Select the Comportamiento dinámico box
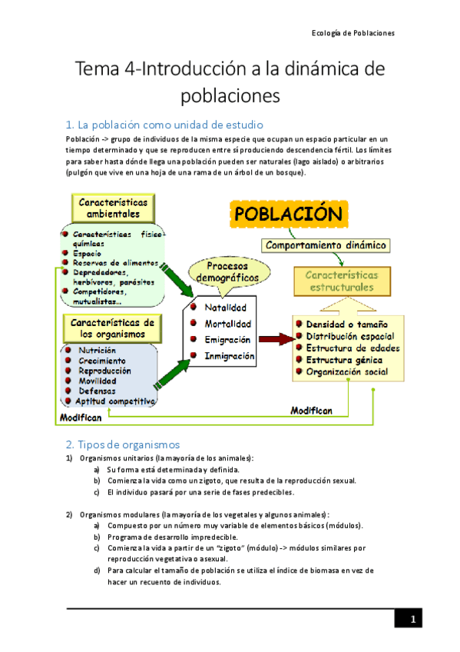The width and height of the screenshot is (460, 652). [326, 245]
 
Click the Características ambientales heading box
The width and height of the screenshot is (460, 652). [114, 207]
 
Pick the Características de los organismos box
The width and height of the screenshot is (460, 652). [113, 328]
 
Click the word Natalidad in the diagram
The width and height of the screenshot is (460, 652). [225, 308]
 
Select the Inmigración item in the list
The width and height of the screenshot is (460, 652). [229, 356]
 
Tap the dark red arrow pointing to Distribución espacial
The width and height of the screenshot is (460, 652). [276, 338]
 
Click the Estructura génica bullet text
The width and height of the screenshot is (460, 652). [346, 360]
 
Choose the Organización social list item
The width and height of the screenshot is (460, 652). [346, 371]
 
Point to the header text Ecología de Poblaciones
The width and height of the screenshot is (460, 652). [352, 33]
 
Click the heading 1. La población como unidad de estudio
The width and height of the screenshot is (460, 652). [164, 125]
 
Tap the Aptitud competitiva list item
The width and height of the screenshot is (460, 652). [115, 401]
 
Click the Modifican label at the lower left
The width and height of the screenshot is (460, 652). [81, 417]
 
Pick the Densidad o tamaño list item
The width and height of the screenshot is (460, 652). [346, 324]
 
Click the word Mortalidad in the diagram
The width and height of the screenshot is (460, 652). [227, 324]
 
